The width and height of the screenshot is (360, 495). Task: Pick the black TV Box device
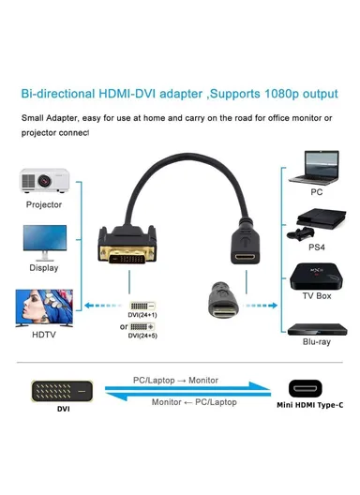pyautogui.click(x=316, y=276)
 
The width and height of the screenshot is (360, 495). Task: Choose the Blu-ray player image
pyautogui.click(x=316, y=329)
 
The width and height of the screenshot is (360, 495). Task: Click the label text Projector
pyautogui.click(x=43, y=204)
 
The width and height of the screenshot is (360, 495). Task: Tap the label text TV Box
pyautogui.click(x=316, y=295)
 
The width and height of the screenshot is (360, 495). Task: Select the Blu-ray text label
pyautogui.click(x=316, y=343)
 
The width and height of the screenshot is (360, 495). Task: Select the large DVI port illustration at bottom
pyautogui.click(x=62, y=389)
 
